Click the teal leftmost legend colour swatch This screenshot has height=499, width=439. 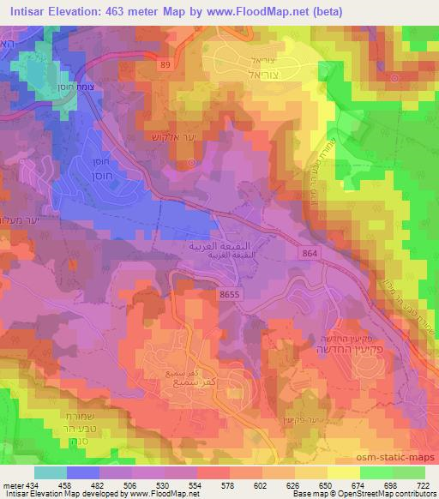[50, 472]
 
